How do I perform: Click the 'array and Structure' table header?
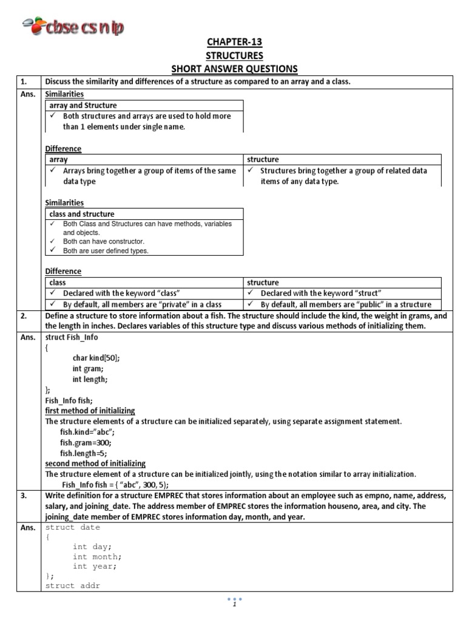click(x=83, y=105)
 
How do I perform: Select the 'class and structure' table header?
click(x=82, y=214)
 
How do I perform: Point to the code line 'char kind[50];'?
click(x=96, y=358)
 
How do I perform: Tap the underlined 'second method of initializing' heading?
click(x=95, y=463)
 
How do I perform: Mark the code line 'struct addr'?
click(x=73, y=586)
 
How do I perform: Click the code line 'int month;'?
click(x=97, y=556)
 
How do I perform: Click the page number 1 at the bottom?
click(x=234, y=606)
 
